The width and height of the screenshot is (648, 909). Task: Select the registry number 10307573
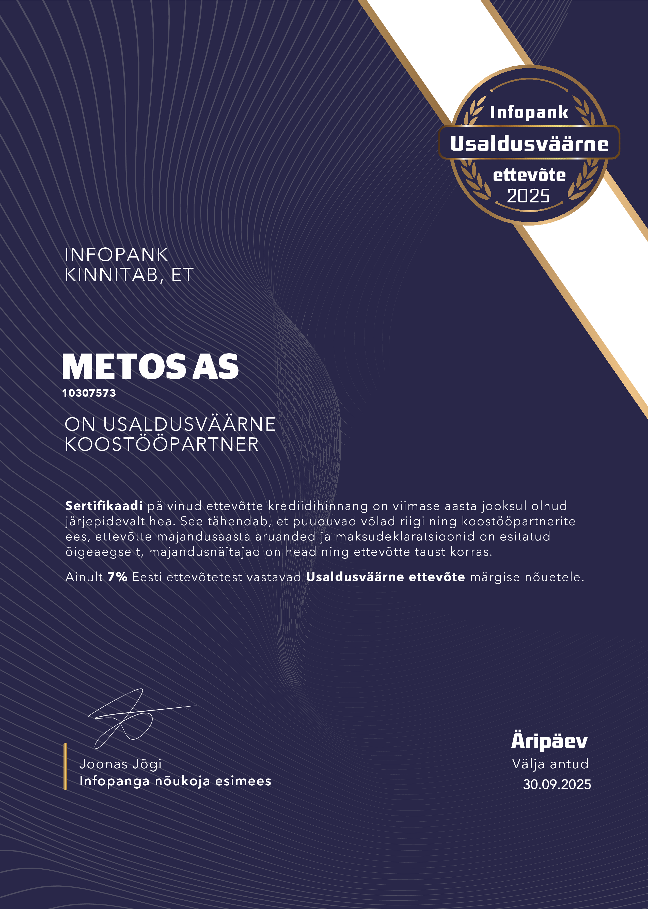tap(89, 393)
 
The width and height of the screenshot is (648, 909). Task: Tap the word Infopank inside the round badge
tap(529, 113)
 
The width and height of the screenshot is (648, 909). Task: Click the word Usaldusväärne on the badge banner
tap(529, 143)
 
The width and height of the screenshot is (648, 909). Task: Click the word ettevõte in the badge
tap(529, 175)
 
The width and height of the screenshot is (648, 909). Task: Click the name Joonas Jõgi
tap(120, 764)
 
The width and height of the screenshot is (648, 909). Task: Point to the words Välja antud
tap(550, 764)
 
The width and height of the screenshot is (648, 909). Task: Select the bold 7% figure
tap(117, 577)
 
